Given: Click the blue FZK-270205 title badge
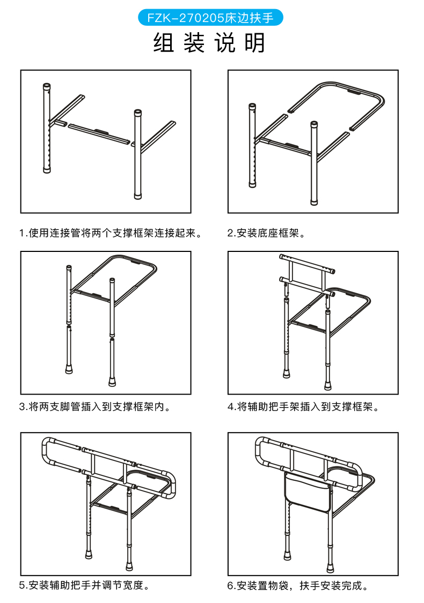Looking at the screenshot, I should tap(210, 18).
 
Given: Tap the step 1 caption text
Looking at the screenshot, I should tap(111, 233).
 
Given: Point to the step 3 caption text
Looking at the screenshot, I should tap(97, 407).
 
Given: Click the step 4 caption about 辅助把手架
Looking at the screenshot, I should tap(303, 407).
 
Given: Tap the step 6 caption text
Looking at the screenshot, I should tap(299, 585).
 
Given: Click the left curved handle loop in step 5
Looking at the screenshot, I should tap(46, 452).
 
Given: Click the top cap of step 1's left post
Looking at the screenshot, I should tap(47, 86).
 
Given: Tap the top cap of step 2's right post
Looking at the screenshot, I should tap(313, 125).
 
